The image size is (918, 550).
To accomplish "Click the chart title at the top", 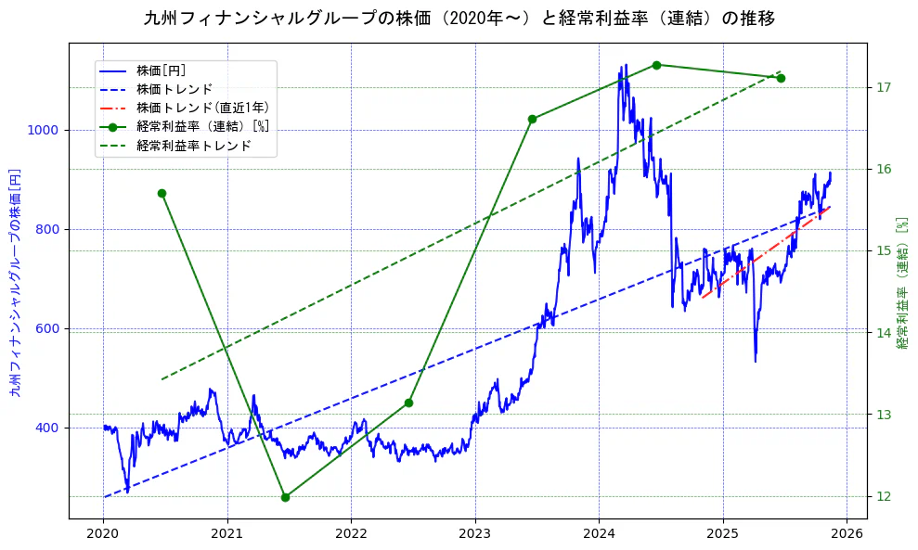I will (x=459, y=19).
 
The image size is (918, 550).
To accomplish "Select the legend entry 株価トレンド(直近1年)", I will (x=202, y=108).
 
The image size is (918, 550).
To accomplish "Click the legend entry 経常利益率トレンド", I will (x=193, y=146).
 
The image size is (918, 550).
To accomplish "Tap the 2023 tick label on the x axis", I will (x=475, y=533).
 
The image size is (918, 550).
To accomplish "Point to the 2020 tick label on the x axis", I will (x=103, y=533).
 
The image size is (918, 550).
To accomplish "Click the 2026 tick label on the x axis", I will (x=847, y=533).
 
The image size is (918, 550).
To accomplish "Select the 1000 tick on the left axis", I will (x=47, y=131).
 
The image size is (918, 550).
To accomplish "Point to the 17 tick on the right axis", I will (x=884, y=87).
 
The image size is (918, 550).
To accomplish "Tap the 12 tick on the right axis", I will (x=884, y=497).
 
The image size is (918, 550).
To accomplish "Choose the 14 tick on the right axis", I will (x=884, y=333).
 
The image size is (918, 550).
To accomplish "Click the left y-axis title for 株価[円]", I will (x=15, y=282).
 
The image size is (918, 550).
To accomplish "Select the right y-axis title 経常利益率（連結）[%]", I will (x=902, y=282).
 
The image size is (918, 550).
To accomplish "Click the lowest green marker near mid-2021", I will (x=285, y=497).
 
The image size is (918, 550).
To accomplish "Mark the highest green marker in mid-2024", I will (x=656, y=65).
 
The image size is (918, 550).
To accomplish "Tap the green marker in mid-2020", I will (x=162, y=193).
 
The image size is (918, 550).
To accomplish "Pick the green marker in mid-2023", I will (x=532, y=119).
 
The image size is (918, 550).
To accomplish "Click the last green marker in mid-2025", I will (x=781, y=78).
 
